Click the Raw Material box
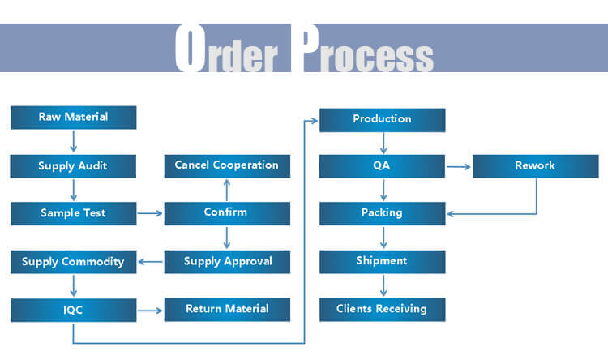[x=73, y=118]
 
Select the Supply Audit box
[x=73, y=166]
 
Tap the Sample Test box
[x=73, y=213]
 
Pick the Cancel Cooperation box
[x=227, y=165]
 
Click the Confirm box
[x=227, y=213]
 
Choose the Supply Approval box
[x=227, y=261]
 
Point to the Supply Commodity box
[x=73, y=261]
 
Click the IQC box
[x=73, y=309]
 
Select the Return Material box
[x=227, y=309]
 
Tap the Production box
[x=382, y=118]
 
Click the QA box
[x=382, y=166]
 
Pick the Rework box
[x=535, y=166]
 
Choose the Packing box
[x=382, y=213]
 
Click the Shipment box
[x=382, y=261]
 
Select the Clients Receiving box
[x=382, y=309]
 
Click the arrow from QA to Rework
[x=458, y=167]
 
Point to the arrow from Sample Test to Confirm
[x=150, y=214]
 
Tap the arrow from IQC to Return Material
[x=150, y=310]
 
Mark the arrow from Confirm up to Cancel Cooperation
[x=227, y=190]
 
